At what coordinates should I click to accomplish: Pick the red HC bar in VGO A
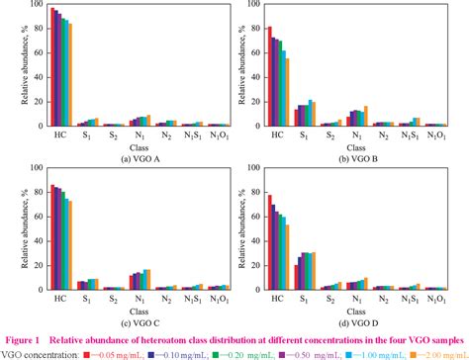point(52,66)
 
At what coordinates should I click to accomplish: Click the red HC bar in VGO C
point(52,237)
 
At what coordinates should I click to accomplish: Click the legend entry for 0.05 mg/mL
point(119,353)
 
